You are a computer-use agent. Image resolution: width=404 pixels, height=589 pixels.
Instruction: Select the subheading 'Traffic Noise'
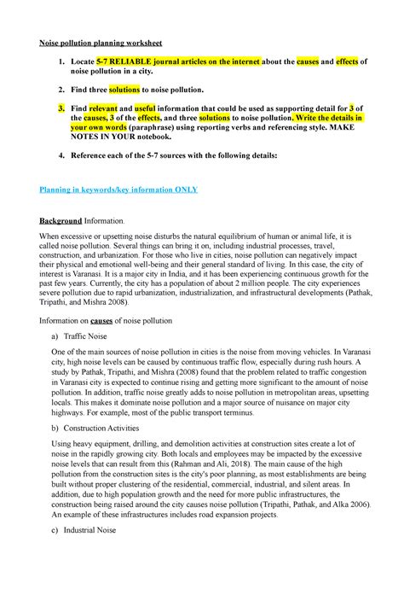(x=101, y=338)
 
